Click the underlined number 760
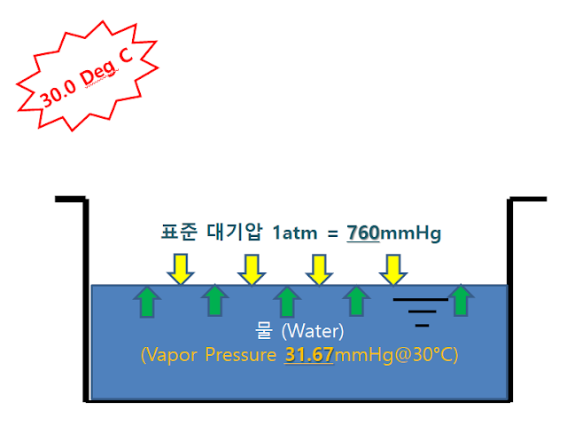[363, 233]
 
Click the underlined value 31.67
[308, 355]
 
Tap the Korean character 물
[264, 332]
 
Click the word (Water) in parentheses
[312, 332]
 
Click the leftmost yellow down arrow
[181, 269]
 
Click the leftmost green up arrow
[147, 301]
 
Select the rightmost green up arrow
[460, 301]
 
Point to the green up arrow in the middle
[285, 301]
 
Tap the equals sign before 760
[333, 233]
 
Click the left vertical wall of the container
[87, 302]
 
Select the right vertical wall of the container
[511, 302]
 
